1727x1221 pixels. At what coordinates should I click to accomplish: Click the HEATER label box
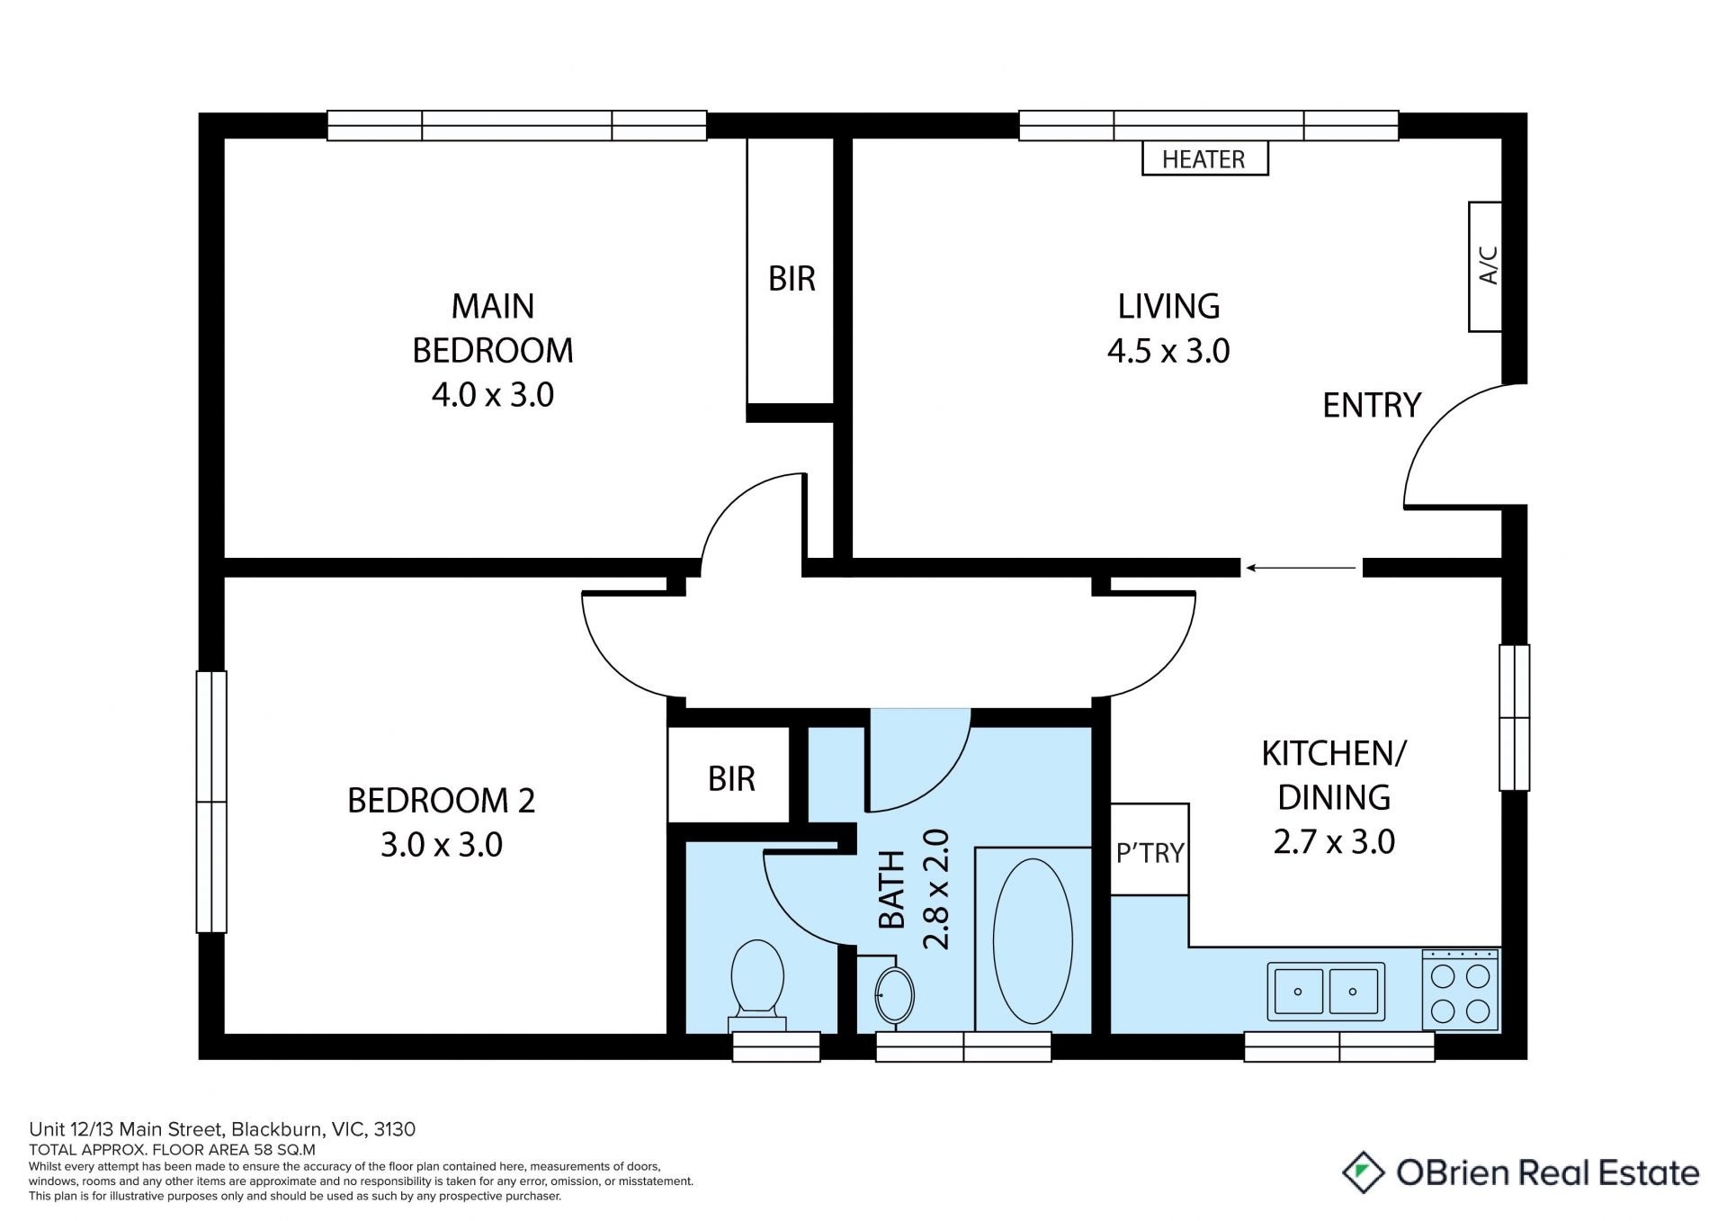1204,158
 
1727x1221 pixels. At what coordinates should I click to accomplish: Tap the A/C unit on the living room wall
1485,266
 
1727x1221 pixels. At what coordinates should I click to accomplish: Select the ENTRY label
1372,406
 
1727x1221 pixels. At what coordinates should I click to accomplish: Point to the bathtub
1033,940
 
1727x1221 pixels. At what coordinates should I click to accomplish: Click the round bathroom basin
894,995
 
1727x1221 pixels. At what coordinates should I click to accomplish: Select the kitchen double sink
1326,992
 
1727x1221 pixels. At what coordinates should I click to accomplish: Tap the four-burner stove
1461,990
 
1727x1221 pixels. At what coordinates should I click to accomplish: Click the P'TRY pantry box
1150,849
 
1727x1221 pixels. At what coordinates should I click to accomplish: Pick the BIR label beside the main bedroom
792,279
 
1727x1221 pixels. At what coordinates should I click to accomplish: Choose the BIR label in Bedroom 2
731,779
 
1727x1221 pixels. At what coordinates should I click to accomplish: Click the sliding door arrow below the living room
1301,568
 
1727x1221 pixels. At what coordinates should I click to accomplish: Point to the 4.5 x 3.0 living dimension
1168,351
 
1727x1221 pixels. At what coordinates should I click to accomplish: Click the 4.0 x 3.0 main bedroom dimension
493,395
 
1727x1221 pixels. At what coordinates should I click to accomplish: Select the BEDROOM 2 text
441,801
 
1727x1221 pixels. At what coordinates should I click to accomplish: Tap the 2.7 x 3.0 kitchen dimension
1334,842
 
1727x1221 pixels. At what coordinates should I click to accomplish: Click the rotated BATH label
891,889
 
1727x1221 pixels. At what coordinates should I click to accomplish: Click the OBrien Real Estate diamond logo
1364,1172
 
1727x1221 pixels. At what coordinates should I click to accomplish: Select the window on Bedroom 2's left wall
211,801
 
